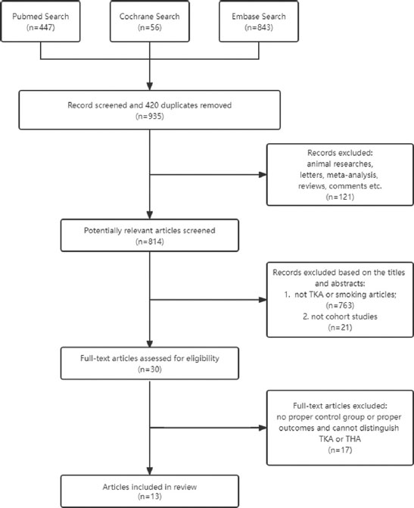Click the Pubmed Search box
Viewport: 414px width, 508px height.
click(x=41, y=21)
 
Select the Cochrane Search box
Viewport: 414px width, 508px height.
click(x=150, y=21)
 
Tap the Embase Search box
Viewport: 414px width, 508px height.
click(x=259, y=21)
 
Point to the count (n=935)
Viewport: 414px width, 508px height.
click(x=150, y=117)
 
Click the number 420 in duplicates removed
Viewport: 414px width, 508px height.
click(x=152, y=105)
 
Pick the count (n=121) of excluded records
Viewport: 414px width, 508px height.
click(x=340, y=197)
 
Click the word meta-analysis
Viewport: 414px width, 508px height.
click(x=352, y=176)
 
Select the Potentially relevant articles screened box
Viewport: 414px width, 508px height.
click(x=150, y=235)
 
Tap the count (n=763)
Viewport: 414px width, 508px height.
click(x=340, y=306)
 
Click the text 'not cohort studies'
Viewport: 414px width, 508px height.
click(x=344, y=316)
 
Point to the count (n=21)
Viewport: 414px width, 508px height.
click(x=340, y=328)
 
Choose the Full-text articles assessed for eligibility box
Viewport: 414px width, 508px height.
click(x=150, y=363)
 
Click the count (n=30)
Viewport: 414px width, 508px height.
click(x=150, y=369)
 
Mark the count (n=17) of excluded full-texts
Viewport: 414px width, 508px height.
click(x=340, y=450)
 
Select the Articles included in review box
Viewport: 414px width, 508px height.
click(x=150, y=491)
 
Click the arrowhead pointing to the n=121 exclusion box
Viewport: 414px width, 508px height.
click(x=263, y=175)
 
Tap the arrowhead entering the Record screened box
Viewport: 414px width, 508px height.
click(x=150, y=86)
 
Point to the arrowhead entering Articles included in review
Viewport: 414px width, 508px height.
click(x=150, y=471)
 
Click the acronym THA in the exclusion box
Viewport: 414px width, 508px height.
click(x=353, y=439)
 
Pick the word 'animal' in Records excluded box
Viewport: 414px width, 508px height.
click(x=318, y=164)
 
